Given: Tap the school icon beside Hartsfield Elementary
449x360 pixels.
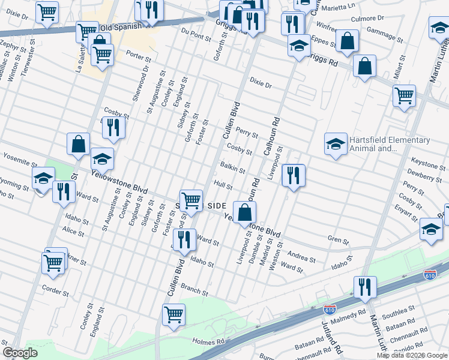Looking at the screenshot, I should pos(336,143).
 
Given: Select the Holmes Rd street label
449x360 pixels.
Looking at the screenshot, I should pos(208,341).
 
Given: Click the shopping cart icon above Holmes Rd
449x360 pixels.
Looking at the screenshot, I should pos(173,314).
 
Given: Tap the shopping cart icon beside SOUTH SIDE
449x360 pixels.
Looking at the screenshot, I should pos(191,200).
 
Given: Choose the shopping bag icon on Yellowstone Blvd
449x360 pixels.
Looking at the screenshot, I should pos(245,212).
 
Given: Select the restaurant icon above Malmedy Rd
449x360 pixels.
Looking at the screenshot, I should pos(364,287).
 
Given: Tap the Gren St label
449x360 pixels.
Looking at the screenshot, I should pos(338,241).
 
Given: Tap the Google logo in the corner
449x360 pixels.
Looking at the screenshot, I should pos(20,353).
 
